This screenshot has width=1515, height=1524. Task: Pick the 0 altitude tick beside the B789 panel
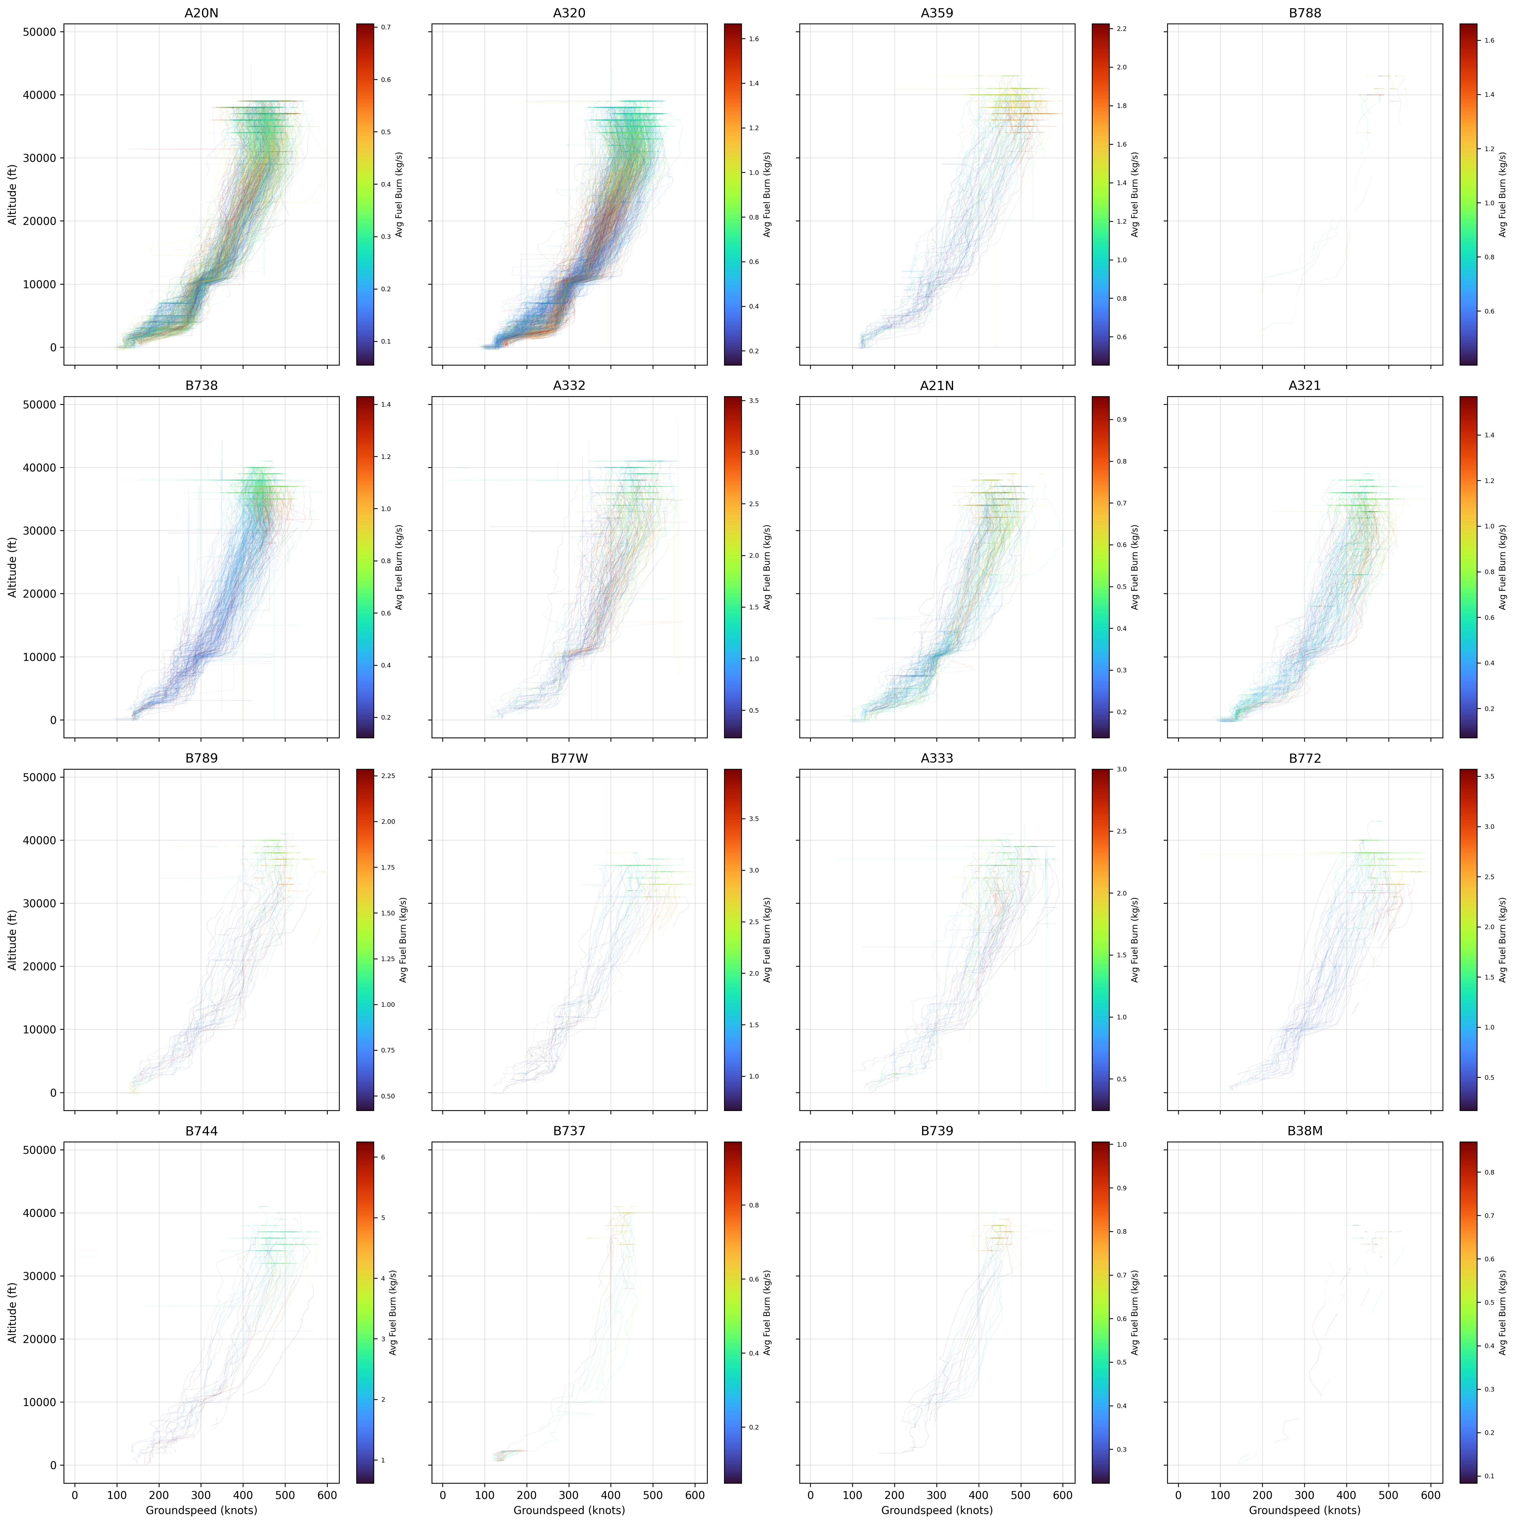point(53,1093)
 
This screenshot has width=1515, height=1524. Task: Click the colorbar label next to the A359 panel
point(1135,194)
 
